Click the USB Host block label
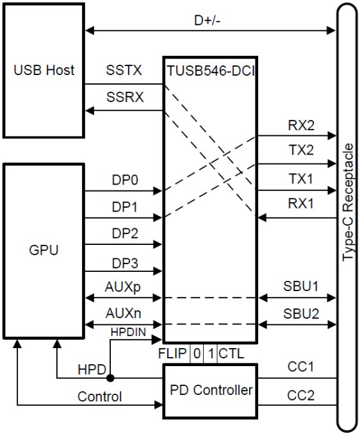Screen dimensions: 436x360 tap(44, 70)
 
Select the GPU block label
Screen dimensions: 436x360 tap(44, 249)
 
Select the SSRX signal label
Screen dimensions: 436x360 tap(124, 98)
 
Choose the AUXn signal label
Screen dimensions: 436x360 tap(123, 314)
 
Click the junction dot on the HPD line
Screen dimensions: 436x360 tap(110, 378)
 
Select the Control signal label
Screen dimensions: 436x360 tap(99, 397)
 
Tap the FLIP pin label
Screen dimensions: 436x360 tap(172, 353)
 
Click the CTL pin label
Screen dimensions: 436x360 tap(231, 353)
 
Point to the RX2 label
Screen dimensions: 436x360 tap(301, 126)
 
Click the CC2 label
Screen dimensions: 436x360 tap(301, 396)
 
